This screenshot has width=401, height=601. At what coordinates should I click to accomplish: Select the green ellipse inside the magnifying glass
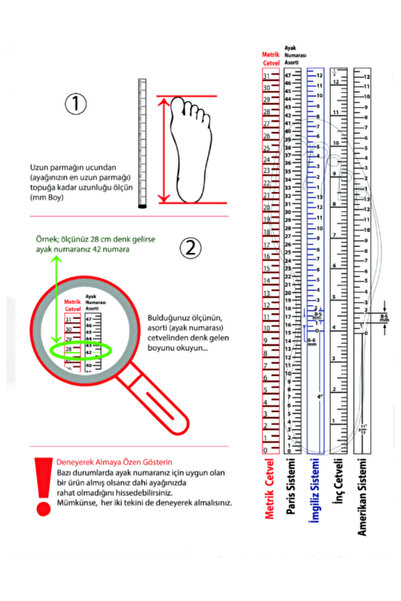[82, 353]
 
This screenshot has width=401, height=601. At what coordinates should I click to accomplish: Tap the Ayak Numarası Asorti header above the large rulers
[293, 54]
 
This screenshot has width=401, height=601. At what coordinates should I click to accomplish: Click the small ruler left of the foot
[142, 145]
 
